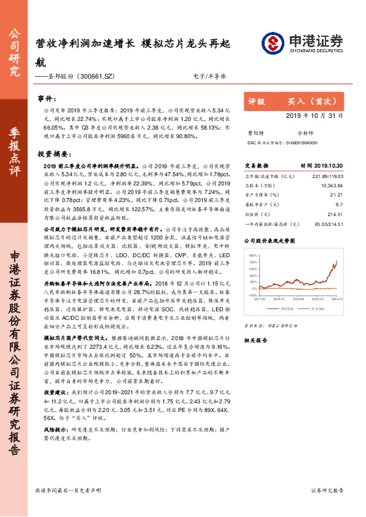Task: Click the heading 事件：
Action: pos(47,98)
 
